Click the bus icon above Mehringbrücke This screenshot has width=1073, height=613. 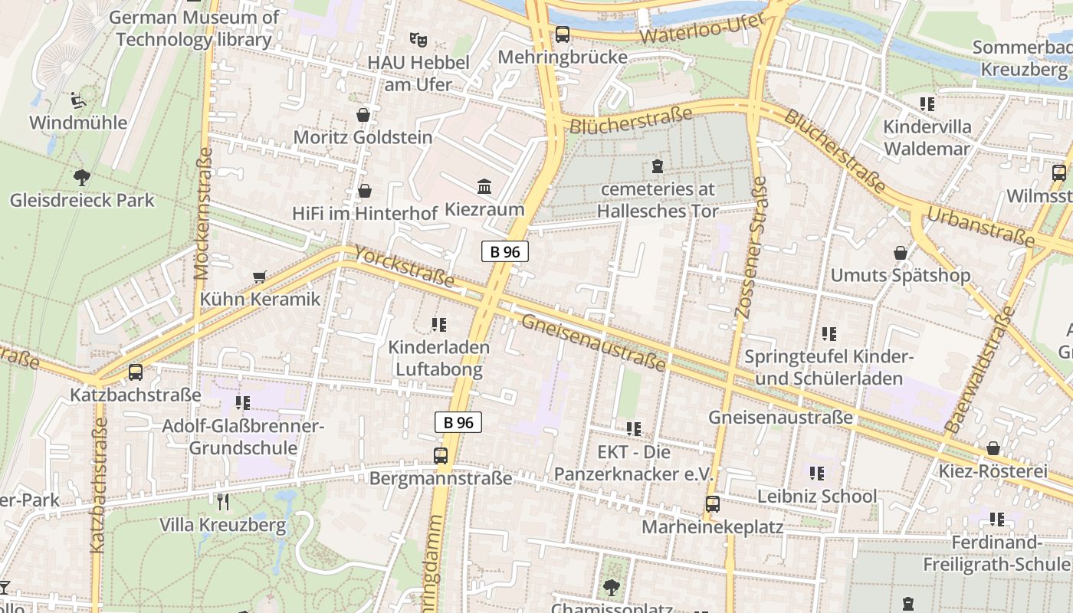pyautogui.click(x=563, y=34)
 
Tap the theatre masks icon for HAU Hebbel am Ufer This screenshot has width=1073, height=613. pyautogui.click(x=418, y=38)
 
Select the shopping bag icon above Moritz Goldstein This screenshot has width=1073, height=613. pyautogui.click(x=363, y=115)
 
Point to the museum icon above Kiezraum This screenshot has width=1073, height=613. pyautogui.click(x=484, y=186)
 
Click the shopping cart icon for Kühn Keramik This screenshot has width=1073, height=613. pyautogui.click(x=260, y=277)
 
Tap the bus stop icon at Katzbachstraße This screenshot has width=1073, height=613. pyautogui.click(x=136, y=372)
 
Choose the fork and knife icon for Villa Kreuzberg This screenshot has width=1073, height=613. pyautogui.click(x=223, y=502)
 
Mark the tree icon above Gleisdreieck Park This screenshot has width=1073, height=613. pyautogui.click(x=82, y=178)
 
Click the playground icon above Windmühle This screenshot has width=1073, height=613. pyautogui.click(x=78, y=100)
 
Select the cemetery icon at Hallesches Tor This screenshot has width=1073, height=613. pyautogui.click(x=657, y=166)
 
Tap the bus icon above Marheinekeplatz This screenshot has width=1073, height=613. pyautogui.click(x=713, y=504)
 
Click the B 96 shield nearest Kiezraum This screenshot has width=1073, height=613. pyautogui.click(x=505, y=251)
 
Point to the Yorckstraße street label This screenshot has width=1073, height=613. pyautogui.click(x=404, y=267)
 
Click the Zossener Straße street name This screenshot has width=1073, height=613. pyautogui.click(x=750, y=247)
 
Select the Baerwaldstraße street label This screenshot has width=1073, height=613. pyautogui.click(x=980, y=369)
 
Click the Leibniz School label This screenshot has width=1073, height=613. pyautogui.click(x=817, y=497)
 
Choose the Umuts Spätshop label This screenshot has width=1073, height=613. pyautogui.click(x=901, y=275)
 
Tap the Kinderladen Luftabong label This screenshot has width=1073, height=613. pyautogui.click(x=438, y=358)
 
